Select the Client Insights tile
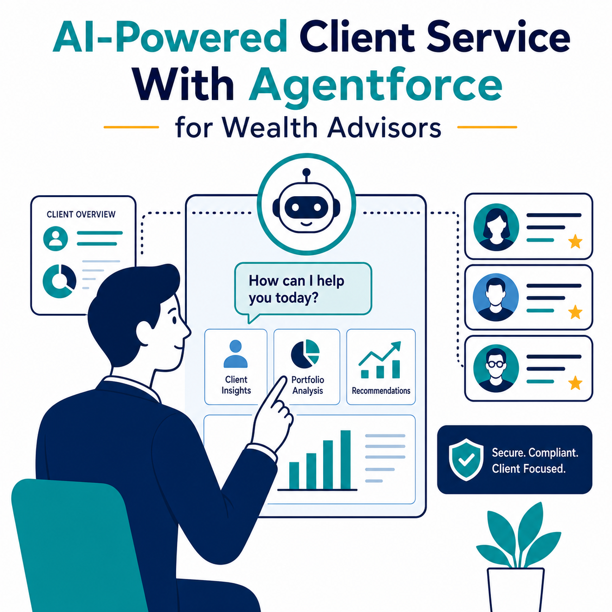(x=236, y=367)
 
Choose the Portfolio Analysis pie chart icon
(x=305, y=354)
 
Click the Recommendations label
(x=381, y=390)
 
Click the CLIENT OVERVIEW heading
(x=81, y=214)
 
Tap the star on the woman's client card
(x=575, y=242)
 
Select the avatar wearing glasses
(x=496, y=368)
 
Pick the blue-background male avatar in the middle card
(x=496, y=297)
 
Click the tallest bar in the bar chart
(x=346, y=460)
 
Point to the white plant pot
(x=515, y=590)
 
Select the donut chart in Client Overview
(x=60, y=281)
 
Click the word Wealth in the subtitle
(x=269, y=128)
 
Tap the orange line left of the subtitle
(x=131, y=127)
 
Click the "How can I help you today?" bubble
(x=303, y=289)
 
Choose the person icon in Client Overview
(x=56, y=238)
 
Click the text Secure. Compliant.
(x=535, y=452)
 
